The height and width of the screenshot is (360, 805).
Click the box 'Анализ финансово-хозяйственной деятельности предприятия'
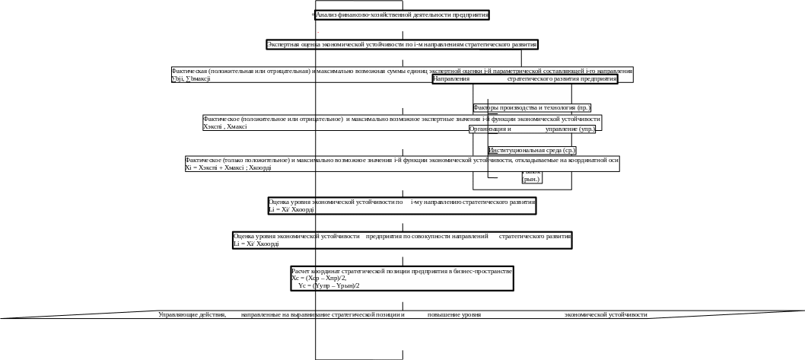402,15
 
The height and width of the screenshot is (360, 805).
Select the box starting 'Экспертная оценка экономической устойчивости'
402,45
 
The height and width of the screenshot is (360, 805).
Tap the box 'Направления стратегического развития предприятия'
525,78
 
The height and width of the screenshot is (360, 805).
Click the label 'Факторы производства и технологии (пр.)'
532,108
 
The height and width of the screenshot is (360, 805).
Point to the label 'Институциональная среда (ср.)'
532,151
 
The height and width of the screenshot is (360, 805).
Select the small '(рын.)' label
531,180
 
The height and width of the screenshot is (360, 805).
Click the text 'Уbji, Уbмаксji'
191,78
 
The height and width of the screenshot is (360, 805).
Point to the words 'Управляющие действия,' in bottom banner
192,314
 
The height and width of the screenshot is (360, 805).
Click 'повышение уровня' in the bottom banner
453,314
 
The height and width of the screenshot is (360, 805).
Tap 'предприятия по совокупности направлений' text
427,237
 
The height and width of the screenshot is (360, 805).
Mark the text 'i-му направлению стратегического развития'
473,202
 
